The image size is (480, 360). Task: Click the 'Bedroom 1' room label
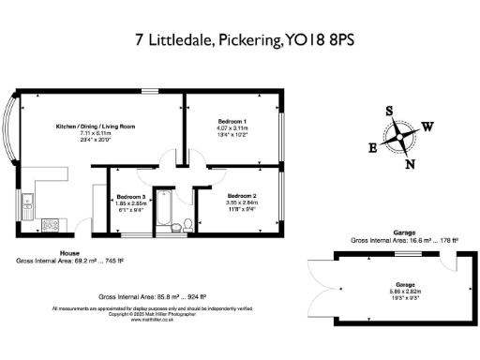pos(232,122)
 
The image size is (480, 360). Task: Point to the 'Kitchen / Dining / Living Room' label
pos(95,126)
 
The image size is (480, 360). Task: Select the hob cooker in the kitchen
pos(27,223)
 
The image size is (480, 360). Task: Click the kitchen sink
pos(28,199)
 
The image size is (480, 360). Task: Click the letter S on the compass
pos(389,111)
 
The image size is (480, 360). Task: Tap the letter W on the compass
pos(427,126)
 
